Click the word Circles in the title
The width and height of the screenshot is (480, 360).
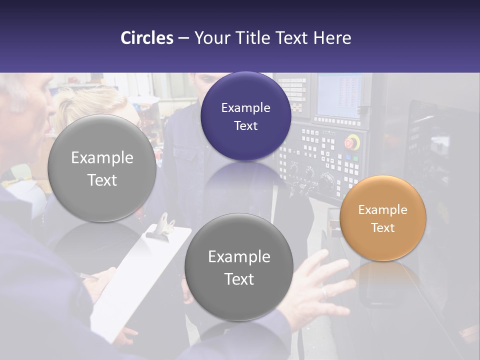pyautogui.click(x=147, y=38)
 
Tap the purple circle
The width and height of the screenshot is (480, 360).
pyautogui.click(x=245, y=116)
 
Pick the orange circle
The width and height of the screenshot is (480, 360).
pyautogui.click(x=382, y=218)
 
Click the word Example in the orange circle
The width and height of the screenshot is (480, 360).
pyautogui.click(x=382, y=209)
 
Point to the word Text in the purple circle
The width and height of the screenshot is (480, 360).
pyautogui.click(x=245, y=125)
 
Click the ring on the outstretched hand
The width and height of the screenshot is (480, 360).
pyautogui.click(x=324, y=291)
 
